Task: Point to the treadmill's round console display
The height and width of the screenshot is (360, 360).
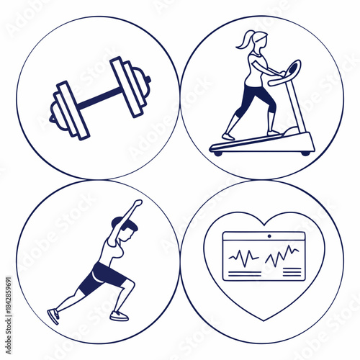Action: pos(293,71)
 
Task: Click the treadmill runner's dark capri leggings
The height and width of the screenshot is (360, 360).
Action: pos(248,99)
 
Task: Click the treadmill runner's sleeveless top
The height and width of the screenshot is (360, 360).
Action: pos(256,68)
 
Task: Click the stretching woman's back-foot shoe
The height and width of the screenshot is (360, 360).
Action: pos(53,316)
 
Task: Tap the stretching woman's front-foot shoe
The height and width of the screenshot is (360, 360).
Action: pos(119,315)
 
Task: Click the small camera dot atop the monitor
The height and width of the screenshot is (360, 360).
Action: pos(270,235)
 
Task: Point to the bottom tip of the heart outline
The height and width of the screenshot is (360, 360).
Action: pos(264,319)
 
